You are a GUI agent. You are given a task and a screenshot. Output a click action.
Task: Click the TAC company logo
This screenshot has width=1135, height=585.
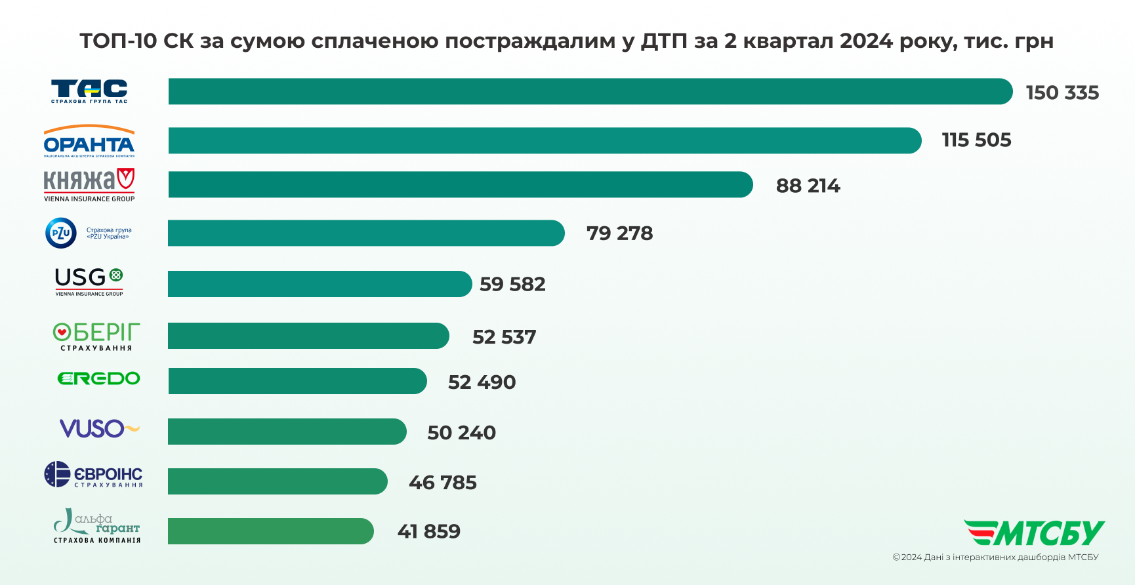click(x=89, y=91)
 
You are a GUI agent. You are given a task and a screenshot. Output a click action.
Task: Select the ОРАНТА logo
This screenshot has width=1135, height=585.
click(x=89, y=141)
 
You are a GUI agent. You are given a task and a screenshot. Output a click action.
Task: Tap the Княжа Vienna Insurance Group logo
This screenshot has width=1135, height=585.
click(x=89, y=184)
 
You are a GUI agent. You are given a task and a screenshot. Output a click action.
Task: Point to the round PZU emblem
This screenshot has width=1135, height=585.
click(x=61, y=233)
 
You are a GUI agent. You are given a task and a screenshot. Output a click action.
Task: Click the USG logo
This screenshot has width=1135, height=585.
click(x=89, y=281)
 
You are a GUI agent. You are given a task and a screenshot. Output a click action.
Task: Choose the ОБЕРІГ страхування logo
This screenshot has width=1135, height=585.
click(x=96, y=336)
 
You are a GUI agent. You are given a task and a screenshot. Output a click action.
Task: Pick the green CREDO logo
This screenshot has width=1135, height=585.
click(x=98, y=378)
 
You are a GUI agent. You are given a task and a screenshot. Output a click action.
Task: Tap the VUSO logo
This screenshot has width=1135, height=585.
click(x=99, y=429)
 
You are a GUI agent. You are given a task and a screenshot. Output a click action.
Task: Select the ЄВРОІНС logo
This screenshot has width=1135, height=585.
click(x=93, y=474)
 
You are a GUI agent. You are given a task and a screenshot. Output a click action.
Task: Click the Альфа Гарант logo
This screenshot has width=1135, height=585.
click(x=96, y=526)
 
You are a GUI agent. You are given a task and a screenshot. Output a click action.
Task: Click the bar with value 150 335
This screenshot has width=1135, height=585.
click(x=590, y=91)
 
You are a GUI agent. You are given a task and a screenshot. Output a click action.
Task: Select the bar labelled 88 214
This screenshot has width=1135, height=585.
click(x=460, y=184)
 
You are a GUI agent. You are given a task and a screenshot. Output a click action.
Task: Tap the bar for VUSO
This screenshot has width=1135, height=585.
click(x=287, y=432)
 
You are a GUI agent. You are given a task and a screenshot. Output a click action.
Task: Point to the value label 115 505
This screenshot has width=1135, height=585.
click(x=976, y=140)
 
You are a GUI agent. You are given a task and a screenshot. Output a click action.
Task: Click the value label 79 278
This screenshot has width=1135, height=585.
click(x=619, y=233)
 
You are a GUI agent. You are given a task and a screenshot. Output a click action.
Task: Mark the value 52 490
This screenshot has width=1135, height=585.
click(x=482, y=382)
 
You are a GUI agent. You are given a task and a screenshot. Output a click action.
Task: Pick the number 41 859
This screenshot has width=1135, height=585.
click(x=428, y=531)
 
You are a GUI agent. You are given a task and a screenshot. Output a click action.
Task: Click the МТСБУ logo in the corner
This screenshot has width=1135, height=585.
click(x=1034, y=533)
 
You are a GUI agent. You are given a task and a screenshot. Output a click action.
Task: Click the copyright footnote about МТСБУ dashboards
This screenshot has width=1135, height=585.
click(x=995, y=557)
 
